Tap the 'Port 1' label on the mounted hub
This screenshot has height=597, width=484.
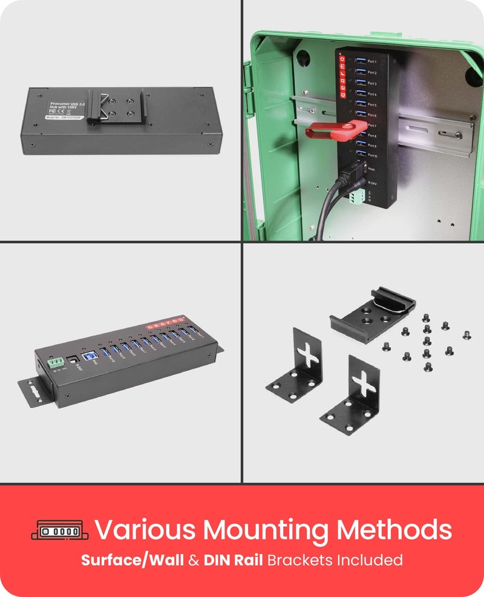(x=371, y=62)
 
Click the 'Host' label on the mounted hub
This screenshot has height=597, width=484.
(x=371, y=169)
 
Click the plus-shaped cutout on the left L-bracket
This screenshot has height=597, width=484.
(x=309, y=355)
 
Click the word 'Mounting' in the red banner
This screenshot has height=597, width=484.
(x=266, y=530)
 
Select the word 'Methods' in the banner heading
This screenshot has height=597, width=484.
(x=394, y=529)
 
